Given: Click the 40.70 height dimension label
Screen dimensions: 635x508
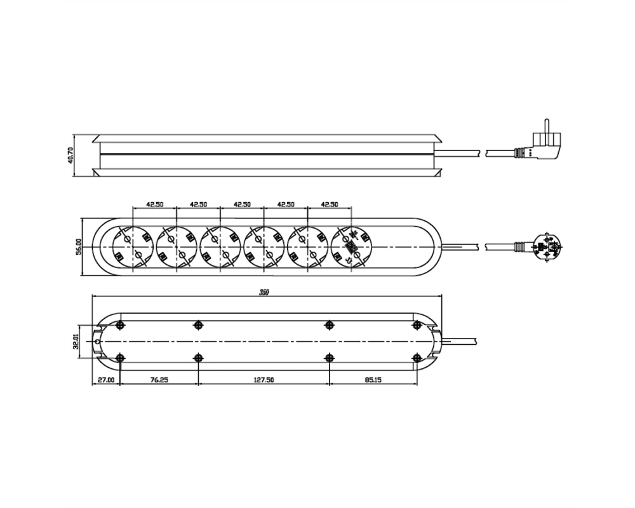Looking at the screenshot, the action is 71,155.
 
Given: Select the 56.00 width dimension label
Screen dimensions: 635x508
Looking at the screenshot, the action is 79,246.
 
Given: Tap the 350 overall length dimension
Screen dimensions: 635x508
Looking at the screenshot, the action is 264,292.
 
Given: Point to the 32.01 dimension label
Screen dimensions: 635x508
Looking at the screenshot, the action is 76,342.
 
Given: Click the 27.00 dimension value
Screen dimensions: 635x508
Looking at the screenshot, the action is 106,380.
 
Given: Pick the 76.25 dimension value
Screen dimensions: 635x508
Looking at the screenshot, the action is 159,380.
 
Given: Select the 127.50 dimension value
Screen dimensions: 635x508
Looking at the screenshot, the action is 264,380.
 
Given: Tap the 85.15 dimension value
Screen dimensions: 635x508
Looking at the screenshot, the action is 373,380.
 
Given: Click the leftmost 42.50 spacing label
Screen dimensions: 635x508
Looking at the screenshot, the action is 155,204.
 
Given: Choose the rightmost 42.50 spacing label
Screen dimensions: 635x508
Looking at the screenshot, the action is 329,204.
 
